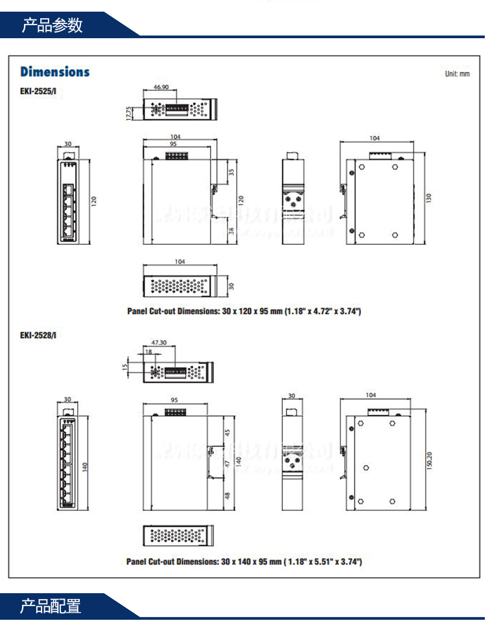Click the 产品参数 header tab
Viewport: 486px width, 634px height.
[x=53, y=25]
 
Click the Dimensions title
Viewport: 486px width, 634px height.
[x=55, y=72]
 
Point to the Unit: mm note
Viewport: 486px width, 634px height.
[x=457, y=74]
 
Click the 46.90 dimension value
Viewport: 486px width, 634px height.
[x=161, y=87]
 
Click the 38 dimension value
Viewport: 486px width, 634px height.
[x=232, y=231]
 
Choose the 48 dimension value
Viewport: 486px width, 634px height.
[x=227, y=496]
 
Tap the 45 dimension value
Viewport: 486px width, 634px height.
[x=227, y=433]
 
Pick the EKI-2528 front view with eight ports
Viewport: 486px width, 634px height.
[x=68, y=461]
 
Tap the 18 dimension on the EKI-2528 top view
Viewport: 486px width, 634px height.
[x=148, y=352]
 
